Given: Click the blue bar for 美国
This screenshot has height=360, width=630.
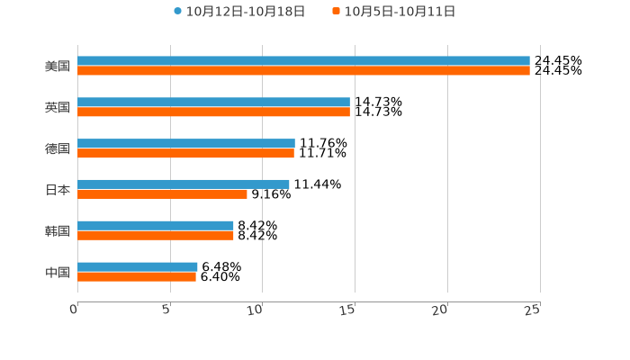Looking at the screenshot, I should (303, 61).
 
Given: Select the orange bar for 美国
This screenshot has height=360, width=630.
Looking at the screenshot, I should (303, 70).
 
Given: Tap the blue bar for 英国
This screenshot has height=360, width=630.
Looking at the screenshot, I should (213, 103).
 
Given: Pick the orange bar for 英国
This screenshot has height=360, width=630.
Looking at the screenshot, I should (213, 112).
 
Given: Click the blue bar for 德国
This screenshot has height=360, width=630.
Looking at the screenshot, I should (186, 144).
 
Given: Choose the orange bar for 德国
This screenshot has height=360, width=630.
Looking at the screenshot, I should (185, 153).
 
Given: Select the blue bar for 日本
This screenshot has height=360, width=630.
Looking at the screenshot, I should (184, 184).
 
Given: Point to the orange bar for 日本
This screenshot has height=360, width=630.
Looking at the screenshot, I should (162, 193).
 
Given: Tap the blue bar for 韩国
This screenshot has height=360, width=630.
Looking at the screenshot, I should (156, 225).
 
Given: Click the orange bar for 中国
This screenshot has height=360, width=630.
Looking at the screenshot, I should (137, 276).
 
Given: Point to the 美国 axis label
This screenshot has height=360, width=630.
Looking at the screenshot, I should (58, 66).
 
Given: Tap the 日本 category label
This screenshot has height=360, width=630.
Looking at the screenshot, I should (58, 190).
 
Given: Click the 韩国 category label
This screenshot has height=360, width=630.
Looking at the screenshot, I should (58, 230).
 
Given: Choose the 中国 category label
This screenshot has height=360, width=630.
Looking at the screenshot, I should (58, 272).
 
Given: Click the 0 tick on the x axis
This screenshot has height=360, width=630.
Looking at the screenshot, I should (75, 310).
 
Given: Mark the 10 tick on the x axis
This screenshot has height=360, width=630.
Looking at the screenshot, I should (257, 310).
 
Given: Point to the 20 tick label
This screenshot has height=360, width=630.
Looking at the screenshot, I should (440, 310).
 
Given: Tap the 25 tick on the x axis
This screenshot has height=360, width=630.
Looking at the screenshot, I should (533, 310).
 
